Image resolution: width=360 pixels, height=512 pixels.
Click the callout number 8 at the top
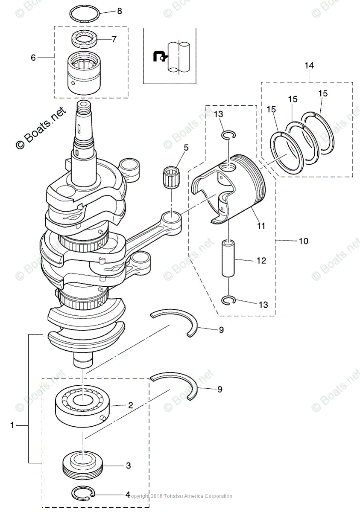[119, 11]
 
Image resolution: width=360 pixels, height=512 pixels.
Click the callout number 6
[33, 57]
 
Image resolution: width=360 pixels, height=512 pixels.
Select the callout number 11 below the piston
[260, 225]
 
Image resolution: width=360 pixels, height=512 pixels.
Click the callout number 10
[303, 241]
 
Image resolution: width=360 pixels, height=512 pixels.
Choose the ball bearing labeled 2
[83, 405]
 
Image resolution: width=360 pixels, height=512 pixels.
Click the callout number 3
[128, 466]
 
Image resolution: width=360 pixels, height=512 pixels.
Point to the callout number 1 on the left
[12, 425]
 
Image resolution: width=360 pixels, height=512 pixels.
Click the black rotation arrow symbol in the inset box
[160, 56]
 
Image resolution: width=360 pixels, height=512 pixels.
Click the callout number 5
[186, 148]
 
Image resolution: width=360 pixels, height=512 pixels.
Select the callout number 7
[114, 39]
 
